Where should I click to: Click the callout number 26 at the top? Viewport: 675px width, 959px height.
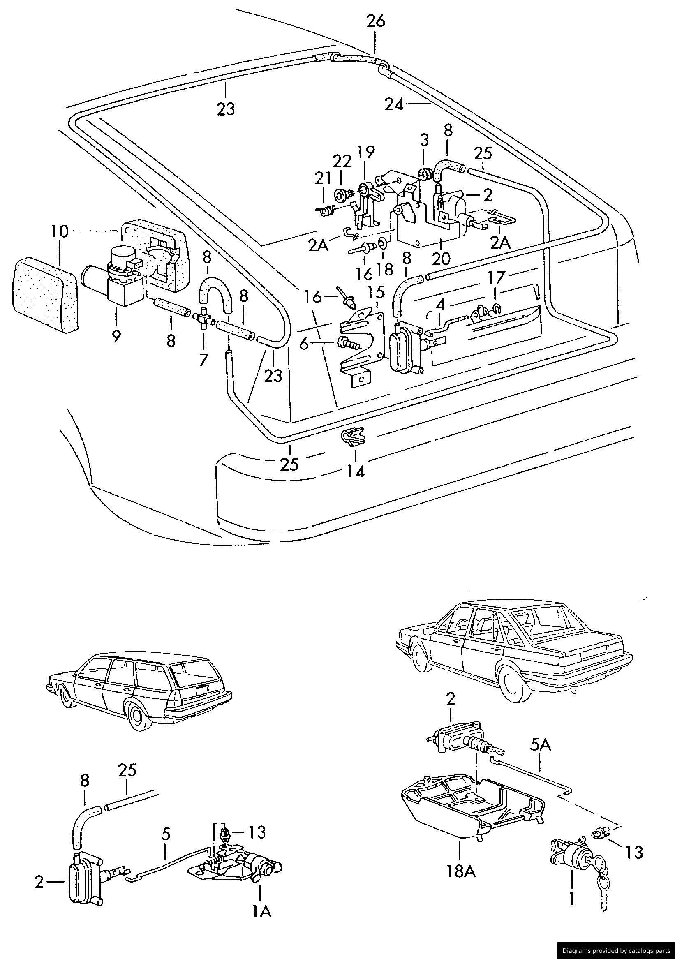pyautogui.click(x=375, y=21)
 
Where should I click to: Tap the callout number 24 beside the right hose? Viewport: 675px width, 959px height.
pyautogui.click(x=394, y=104)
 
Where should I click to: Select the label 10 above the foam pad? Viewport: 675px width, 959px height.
pyautogui.click(x=60, y=231)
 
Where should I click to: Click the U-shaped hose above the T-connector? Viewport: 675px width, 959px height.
pyautogui.click(x=215, y=291)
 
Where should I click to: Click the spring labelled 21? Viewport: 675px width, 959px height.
pyautogui.click(x=326, y=212)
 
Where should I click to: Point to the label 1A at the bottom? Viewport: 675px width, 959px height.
pyautogui.click(x=261, y=911)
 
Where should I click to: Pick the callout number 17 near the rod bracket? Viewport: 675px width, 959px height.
pyautogui.click(x=496, y=277)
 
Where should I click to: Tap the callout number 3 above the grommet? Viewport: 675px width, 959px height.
pyautogui.click(x=424, y=140)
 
